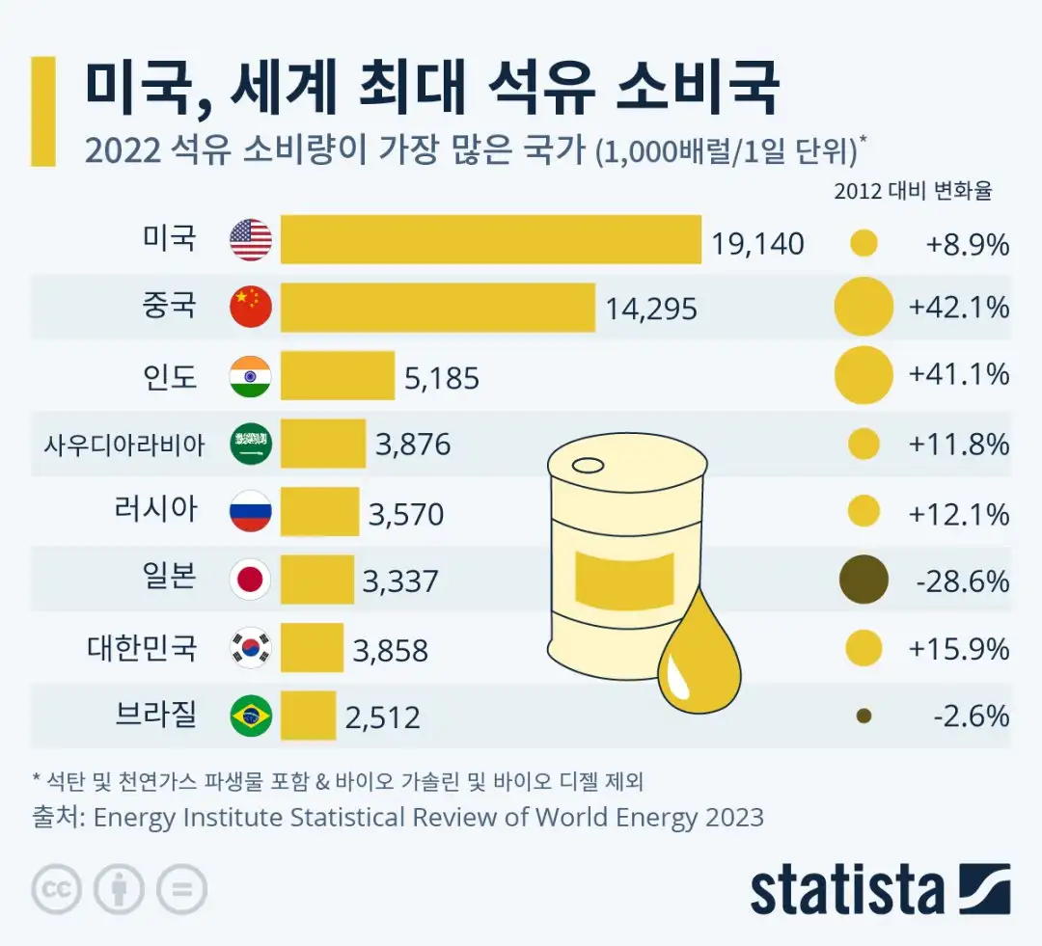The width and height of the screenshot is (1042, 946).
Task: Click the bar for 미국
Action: click(x=490, y=239)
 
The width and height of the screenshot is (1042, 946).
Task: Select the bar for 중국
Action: click(x=437, y=308)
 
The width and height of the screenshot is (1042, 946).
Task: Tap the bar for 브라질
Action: click(x=308, y=716)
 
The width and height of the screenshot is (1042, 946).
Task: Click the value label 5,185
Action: click(x=442, y=378)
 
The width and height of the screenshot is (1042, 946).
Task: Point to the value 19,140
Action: click(x=757, y=243)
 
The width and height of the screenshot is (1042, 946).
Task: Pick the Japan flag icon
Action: click(x=251, y=580)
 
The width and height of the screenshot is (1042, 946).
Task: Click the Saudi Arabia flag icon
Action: click(x=251, y=444)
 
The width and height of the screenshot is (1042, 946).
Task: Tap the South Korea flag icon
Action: click(x=251, y=648)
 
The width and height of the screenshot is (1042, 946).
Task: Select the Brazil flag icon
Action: click(x=251, y=716)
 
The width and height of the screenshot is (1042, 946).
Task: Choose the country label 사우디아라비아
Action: click(x=124, y=445)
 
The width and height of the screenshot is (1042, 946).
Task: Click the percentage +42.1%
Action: click(x=959, y=308)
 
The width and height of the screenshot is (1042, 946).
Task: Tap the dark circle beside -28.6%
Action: click(x=864, y=580)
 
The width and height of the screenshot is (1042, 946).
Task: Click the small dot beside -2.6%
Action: click(x=864, y=716)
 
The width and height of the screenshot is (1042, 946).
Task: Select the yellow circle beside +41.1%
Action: click(x=864, y=375)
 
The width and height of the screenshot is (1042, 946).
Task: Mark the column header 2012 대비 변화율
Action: click(x=913, y=191)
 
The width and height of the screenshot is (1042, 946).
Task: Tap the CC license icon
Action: click(x=57, y=888)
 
